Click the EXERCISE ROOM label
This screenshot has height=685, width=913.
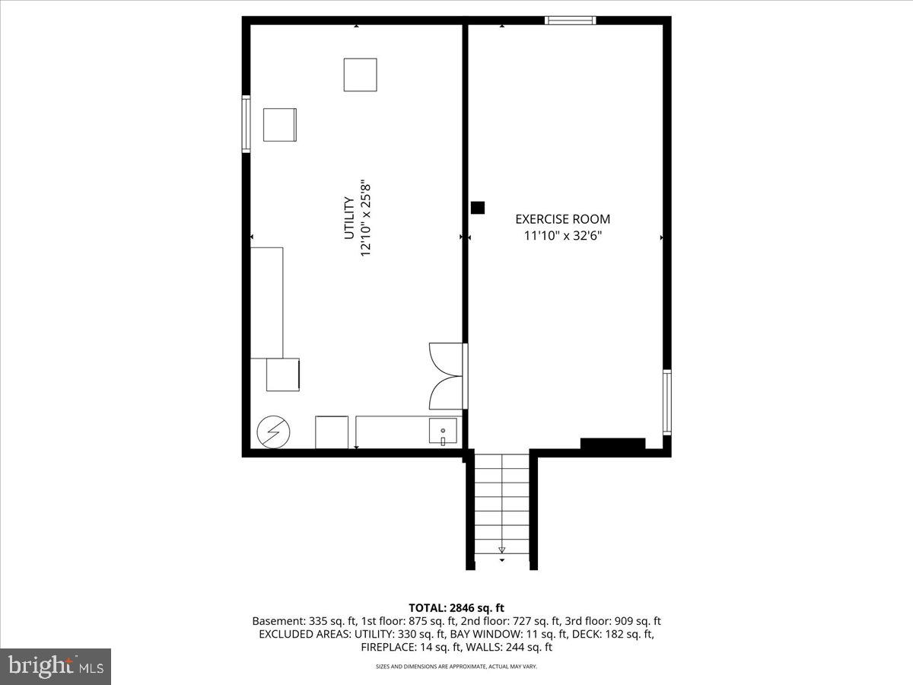point(562,219)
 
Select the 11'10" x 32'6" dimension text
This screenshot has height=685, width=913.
point(562,235)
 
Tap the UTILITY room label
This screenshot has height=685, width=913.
point(348,218)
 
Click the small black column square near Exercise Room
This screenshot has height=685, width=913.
point(478,207)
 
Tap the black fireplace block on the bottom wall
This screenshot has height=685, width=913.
point(612,443)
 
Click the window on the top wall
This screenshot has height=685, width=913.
point(571,21)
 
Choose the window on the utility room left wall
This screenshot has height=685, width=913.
point(246,124)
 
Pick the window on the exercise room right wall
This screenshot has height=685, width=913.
point(667,402)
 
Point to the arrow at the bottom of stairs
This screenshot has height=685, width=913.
point(501,550)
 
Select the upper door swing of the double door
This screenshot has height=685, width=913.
point(444,358)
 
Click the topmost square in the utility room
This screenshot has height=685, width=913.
point(360,75)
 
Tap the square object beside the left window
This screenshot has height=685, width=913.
point(279,125)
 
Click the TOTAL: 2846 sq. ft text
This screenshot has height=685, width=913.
point(456,607)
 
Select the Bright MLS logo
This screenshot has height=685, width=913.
point(56,666)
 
